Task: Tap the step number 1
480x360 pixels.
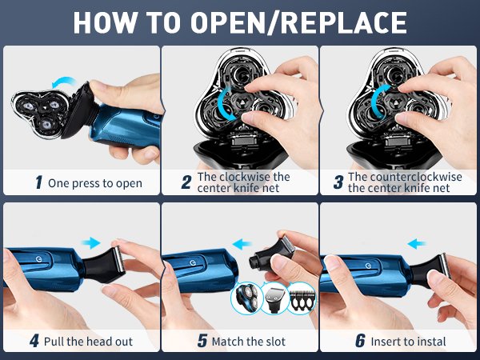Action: click(38, 182)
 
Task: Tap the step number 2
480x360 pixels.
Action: click(186, 182)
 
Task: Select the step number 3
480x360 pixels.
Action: click(338, 182)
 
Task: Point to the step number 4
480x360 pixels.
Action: click(34, 341)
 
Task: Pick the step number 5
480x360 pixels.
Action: click(202, 341)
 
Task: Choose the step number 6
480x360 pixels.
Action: click(360, 341)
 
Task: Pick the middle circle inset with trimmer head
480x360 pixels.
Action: click(274, 298)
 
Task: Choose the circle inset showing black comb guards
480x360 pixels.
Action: click(302, 298)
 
